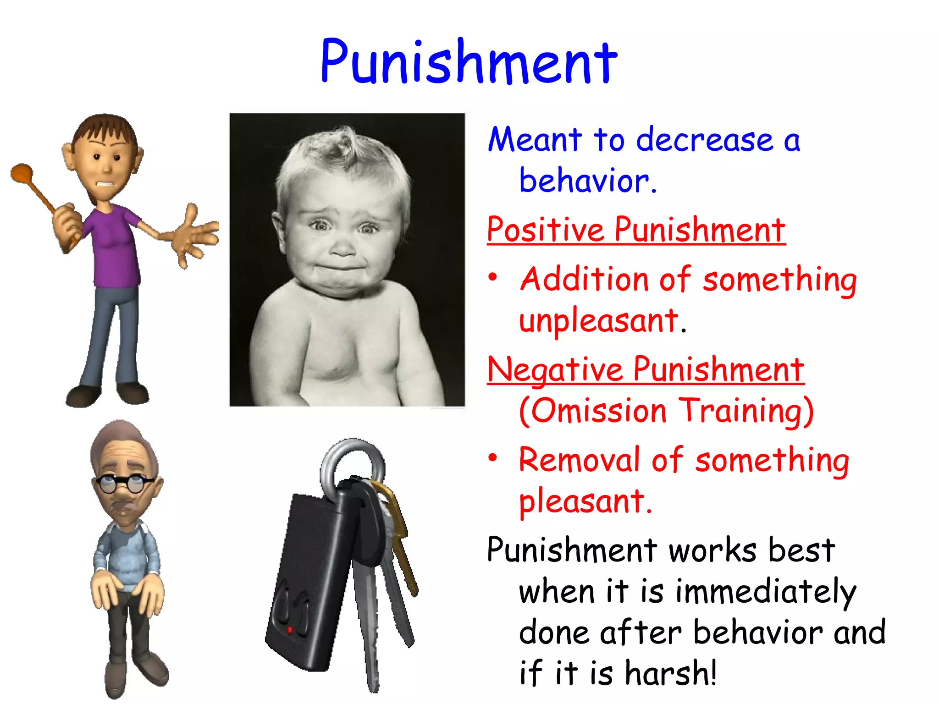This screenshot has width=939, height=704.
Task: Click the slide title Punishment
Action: point(469,62)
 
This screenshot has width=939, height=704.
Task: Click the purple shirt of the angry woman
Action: point(115,247)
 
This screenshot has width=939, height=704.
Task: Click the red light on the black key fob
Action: point(290,630)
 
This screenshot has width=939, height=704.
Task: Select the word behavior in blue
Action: point(585,181)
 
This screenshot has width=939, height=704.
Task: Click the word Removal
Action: point(579,459)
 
